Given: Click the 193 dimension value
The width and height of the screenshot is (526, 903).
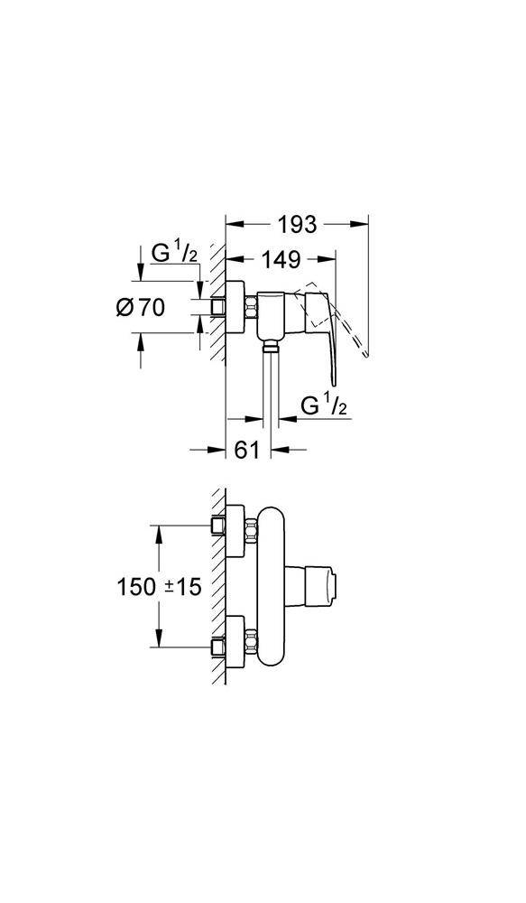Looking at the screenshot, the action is click(x=297, y=225).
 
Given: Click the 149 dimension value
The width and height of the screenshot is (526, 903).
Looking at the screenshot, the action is click(x=282, y=260).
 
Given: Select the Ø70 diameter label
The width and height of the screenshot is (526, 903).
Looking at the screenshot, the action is click(x=140, y=308).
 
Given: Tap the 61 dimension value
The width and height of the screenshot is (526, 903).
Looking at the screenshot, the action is click(x=248, y=449).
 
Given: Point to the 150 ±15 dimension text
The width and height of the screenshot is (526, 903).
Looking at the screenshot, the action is click(x=159, y=588).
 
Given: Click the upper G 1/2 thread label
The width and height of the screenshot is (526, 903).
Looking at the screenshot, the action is click(x=174, y=255).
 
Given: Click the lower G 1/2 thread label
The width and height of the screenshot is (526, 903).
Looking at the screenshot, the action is click(x=323, y=406).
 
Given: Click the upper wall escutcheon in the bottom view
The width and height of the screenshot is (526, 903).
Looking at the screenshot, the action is click(x=235, y=530).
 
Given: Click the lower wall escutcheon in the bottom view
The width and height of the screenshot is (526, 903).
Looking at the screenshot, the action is click(x=235, y=642).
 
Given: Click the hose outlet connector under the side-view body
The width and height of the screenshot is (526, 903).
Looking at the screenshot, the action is click(x=270, y=346).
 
